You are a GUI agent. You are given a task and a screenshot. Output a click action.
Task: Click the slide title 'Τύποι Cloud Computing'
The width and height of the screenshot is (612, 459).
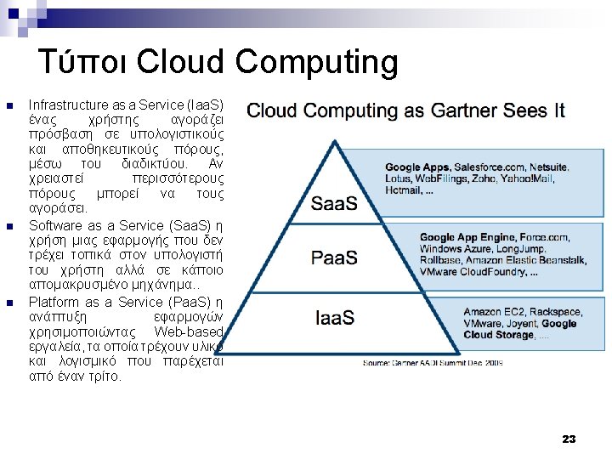[218, 62]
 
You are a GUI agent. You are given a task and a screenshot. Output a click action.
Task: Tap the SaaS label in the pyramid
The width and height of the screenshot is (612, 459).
[333, 204]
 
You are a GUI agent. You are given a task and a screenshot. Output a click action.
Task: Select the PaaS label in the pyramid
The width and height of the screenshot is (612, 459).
[333, 258]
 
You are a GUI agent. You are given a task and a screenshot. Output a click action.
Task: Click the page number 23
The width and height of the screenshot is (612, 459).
[569, 439]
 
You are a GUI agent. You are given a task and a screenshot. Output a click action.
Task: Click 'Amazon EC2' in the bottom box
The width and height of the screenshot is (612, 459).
[493, 312]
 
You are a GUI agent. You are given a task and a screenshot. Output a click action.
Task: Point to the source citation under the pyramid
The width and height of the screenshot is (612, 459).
[433, 362]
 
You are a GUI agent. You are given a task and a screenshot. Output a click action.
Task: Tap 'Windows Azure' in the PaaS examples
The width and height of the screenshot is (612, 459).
[451, 249]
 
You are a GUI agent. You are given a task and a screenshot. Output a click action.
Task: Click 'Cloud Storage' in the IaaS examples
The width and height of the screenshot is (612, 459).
[499, 335]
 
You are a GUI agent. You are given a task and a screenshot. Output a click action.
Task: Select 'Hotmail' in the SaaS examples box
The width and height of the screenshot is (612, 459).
[403, 190]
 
